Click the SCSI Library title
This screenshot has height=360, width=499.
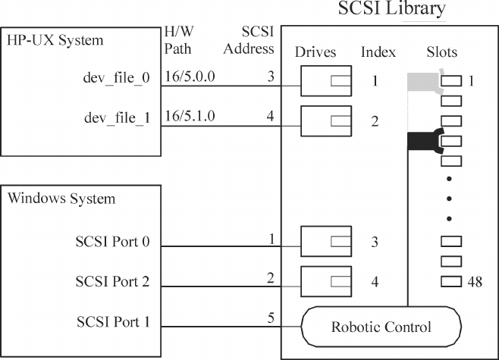[x=391, y=10]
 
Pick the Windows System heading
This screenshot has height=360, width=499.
[x=61, y=199]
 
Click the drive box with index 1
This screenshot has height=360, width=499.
[x=325, y=80]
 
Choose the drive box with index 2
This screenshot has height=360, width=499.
[x=325, y=121]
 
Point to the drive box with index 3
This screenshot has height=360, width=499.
[x=325, y=242]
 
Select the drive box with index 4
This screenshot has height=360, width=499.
[x=325, y=282]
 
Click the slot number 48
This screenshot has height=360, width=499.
[x=476, y=283]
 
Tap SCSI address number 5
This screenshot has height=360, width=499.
[x=270, y=315]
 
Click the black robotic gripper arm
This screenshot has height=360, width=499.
[x=424, y=141]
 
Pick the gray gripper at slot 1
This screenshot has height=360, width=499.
[x=423, y=81]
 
